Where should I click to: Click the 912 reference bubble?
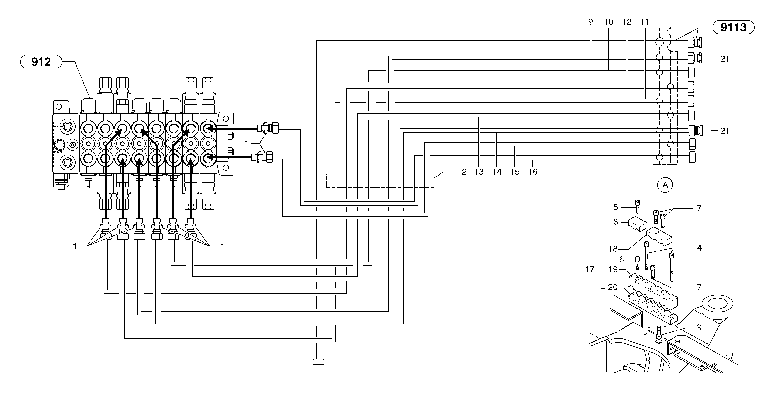click(41, 62)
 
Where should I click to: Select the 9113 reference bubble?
click(733, 27)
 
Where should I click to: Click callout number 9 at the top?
click(591, 22)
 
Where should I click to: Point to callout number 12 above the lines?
click(627, 22)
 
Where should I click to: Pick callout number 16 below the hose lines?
click(533, 172)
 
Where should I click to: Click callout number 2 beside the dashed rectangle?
click(464, 172)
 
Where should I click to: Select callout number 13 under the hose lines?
click(479, 172)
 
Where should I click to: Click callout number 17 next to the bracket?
click(590, 269)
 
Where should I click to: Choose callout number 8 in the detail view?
click(615, 222)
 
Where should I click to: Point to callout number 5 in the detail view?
click(615, 207)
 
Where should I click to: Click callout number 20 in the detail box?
click(613, 287)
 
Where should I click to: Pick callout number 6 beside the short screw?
click(622, 259)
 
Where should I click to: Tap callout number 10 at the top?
click(608, 22)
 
